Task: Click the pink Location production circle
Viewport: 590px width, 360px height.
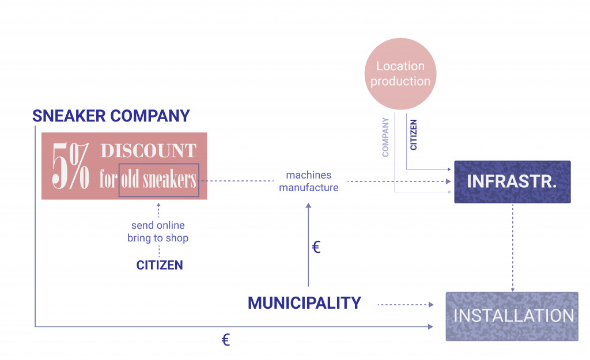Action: tap(400, 74)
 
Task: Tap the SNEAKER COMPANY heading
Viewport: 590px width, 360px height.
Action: tap(111, 116)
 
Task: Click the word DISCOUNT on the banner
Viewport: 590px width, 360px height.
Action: tap(149, 151)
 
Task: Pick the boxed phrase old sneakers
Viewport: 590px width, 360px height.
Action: tap(158, 180)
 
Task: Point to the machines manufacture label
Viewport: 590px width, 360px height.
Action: tap(309, 181)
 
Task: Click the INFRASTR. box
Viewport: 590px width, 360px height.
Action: tap(512, 181)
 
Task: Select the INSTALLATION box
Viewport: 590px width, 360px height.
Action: tap(512, 316)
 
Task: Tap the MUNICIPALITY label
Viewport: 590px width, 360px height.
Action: tap(304, 302)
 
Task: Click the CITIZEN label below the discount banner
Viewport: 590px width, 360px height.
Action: tap(160, 266)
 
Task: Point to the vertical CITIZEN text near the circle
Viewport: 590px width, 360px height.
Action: tap(414, 134)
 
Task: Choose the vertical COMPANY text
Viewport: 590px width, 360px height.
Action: tap(385, 137)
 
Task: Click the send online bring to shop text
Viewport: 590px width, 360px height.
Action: tap(158, 232)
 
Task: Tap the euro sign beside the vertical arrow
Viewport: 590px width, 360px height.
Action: tap(316, 248)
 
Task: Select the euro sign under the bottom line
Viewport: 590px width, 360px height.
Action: tap(226, 340)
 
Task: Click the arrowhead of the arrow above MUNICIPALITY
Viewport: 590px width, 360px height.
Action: tap(308, 206)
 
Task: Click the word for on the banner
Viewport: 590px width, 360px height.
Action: tap(108, 180)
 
